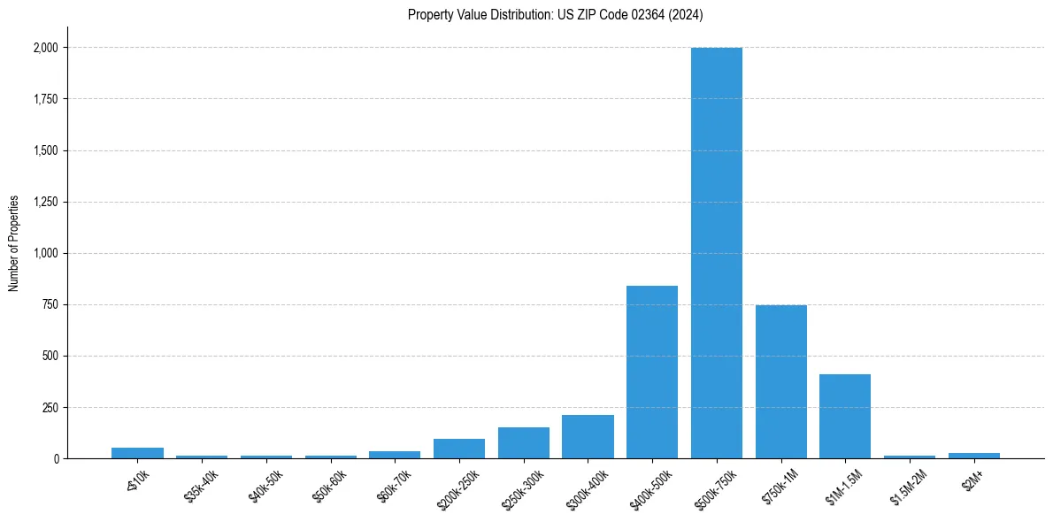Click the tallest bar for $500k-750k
coord(716,253)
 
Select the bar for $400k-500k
coord(652,372)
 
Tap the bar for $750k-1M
coord(780,381)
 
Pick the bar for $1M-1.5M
coord(845,416)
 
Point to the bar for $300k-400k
coord(588,436)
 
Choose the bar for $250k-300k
coord(523,442)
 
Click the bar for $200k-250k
coord(459,449)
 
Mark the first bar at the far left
coord(137,453)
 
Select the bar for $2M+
coord(973,456)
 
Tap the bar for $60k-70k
coord(395,455)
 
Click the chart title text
coord(555,15)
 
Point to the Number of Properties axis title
coord(14,242)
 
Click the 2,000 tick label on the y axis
coord(46,48)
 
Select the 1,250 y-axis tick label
coord(46,202)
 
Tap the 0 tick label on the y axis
coord(57,458)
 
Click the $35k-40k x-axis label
coord(199,486)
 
